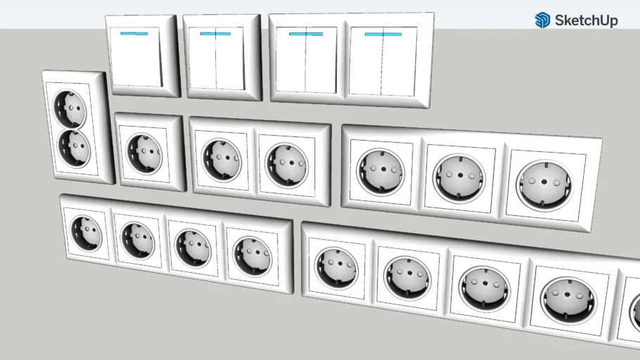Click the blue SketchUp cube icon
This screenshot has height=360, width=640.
click(542, 20)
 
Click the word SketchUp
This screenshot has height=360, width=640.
click(586, 20)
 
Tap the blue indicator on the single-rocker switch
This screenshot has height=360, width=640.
click(134, 33)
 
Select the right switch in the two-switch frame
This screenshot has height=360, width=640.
click(383, 61)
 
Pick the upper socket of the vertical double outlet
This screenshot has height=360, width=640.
click(71, 109)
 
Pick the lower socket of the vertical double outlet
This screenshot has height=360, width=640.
click(74, 147)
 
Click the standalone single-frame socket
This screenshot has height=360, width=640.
click(144, 154)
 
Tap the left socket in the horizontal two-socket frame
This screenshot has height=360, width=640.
click(221, 160)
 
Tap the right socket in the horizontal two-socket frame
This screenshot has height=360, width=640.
click(286, 165)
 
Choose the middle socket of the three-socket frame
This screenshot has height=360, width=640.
click(459, 175)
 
